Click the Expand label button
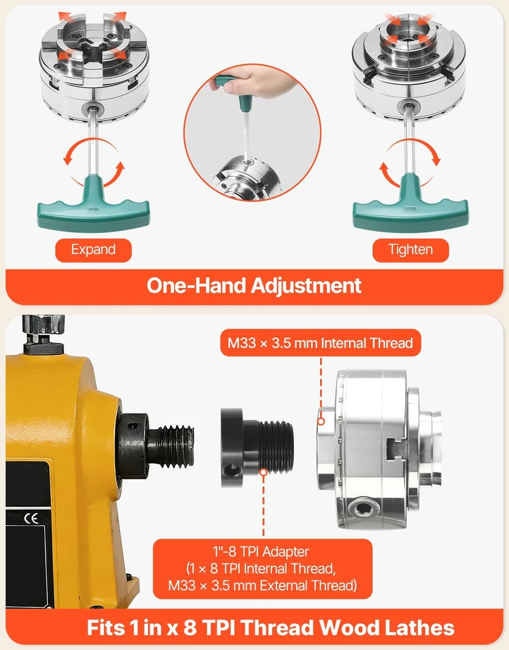click(93, 250)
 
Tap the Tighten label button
click(410, 250)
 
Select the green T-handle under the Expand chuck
click(93, 204)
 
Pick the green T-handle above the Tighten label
click(410, 203)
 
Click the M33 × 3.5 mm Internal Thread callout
click(320, 343)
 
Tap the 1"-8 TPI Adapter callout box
click(262, 569)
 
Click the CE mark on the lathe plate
click(31, 518)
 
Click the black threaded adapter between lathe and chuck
click(257, 447)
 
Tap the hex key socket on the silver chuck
click(363, 507)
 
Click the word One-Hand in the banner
click(197, 286)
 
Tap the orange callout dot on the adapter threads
click(264, 471)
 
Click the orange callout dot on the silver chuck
click(321, 421)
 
